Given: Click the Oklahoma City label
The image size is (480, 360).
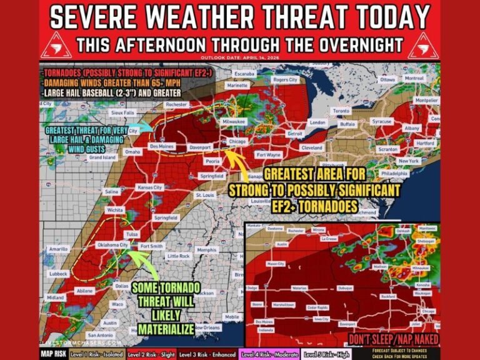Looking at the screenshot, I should [x=112, y=245].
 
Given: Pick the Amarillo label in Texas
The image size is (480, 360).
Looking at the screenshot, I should [x=58, y=249].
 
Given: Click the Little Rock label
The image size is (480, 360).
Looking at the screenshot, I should [x=178, y=256].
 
